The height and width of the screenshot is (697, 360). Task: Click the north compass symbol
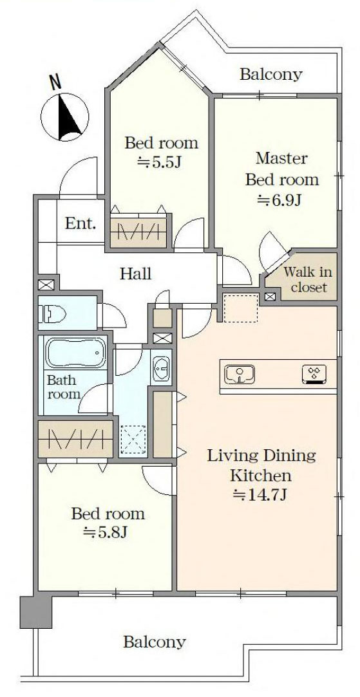(65, 117)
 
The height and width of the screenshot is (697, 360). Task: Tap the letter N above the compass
(56, 82)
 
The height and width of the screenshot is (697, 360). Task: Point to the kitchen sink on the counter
(239, 374)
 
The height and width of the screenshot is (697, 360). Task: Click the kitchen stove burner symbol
(314, 374)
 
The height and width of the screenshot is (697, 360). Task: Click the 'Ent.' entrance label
(81, 224)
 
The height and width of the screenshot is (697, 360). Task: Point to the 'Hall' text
(136, 274)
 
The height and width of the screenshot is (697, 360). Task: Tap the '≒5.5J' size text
(160, 162)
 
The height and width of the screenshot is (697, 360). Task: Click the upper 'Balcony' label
(270, 74)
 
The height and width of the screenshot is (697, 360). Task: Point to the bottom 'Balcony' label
(155, 642)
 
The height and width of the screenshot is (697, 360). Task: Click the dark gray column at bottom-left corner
(35, 611)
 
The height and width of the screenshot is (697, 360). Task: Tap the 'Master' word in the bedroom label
(281, 158)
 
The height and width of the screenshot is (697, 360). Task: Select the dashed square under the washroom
(133, 440)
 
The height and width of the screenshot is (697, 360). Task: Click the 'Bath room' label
(62, 387)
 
